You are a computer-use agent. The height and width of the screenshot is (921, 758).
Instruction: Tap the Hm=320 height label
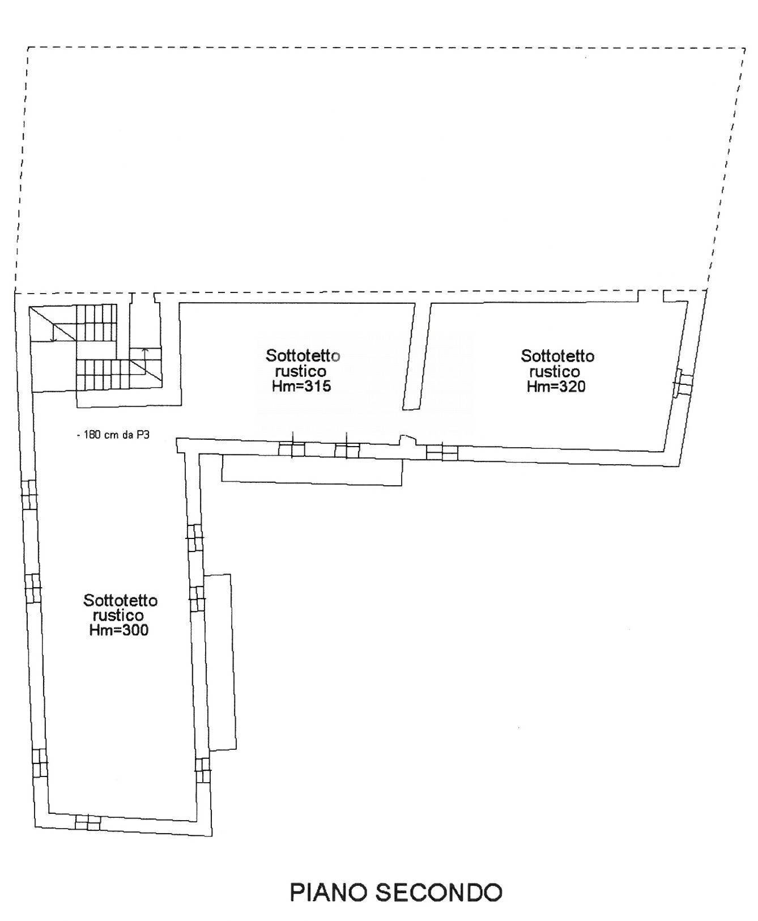(556, 387)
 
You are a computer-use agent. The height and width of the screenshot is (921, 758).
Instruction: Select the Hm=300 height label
(119, 630)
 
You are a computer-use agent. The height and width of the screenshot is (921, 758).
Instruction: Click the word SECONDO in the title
(439, 892)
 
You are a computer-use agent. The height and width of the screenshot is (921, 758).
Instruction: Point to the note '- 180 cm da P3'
(113, 435)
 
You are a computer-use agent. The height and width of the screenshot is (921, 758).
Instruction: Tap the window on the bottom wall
(88, 821)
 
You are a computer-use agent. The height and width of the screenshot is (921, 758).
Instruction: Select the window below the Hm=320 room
(442, 452)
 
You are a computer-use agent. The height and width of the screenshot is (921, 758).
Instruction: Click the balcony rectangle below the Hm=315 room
(312, 470)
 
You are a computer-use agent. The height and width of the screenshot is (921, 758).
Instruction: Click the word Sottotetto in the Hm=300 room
(120, 600)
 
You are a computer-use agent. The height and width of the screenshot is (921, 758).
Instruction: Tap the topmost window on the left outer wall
(29, 494)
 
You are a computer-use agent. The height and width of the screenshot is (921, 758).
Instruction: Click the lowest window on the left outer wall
(40, 763)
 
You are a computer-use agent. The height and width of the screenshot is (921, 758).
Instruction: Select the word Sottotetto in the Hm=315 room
(303, 356)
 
